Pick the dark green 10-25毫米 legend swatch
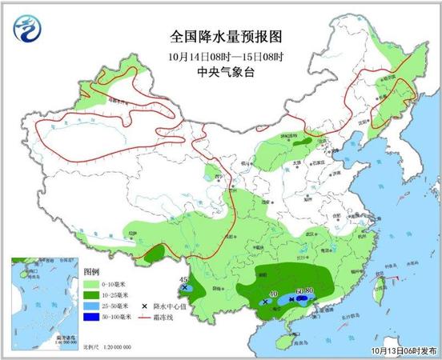[x=92, y=295]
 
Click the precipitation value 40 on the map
[x=272, y=294]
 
